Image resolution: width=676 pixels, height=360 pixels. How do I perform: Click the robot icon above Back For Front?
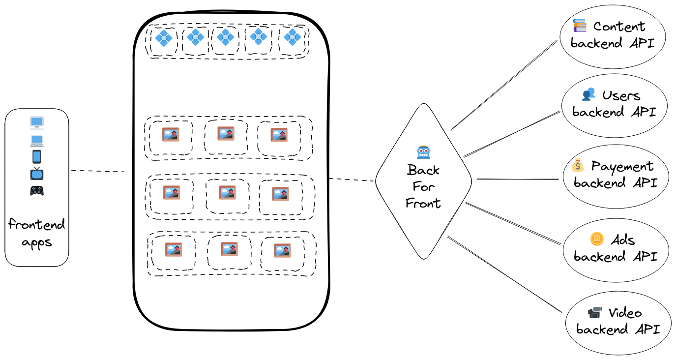[x=423, y=152]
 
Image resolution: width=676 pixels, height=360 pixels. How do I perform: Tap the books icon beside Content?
[x=580, y=25]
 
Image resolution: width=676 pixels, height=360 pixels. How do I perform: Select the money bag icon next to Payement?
[x=579, y=165]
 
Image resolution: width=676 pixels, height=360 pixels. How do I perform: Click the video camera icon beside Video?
[x=595, y=312]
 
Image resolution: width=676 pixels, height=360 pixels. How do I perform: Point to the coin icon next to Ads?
[x=596, y=240]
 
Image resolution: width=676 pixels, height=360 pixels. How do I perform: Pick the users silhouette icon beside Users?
[x=588, y=94]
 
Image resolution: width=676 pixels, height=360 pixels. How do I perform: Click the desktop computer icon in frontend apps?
[x=37, y=122]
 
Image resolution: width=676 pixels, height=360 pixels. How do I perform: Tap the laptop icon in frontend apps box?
[x=37, y=141]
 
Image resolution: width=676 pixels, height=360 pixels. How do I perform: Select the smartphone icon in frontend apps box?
[x=37, y=157]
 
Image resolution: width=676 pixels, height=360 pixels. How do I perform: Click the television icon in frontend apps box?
[x=37, y=173]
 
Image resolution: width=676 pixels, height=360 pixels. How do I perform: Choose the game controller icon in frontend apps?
[x=37, y=190]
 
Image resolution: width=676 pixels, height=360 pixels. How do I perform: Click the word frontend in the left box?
[x=37, y=225]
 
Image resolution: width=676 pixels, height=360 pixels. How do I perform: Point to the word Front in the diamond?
[x=423, y=203]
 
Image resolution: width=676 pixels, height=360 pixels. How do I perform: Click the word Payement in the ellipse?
[x=622, y=167]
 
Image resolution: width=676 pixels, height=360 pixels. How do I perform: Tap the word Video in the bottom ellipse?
[x=625, y=313]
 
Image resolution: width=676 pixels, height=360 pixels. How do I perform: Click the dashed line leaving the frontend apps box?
[x=97, y=171]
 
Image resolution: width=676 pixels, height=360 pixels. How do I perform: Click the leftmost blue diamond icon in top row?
[x=163, y=37]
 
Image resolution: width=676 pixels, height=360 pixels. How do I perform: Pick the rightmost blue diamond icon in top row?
[x=292, y=37]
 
